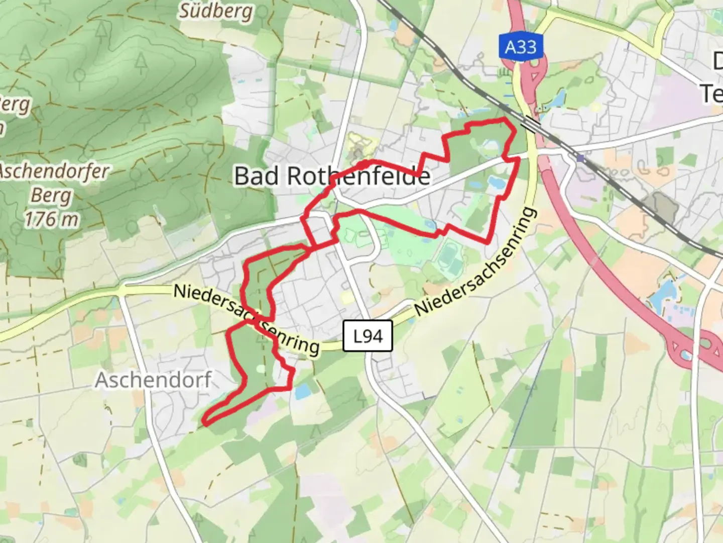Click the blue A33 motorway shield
[x=521, y=47]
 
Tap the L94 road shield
[x=368, y=336]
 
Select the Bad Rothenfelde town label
[x=332, y=176]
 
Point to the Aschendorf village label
[x=153, y=380]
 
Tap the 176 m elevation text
[x=51, y=219]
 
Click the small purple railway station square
[x=580, y=158]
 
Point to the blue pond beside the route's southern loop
[x=302, y=392]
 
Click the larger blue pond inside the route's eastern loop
[x=497, y=183]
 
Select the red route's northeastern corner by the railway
[x=505, y=119]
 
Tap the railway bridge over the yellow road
[x=530, y=123]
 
